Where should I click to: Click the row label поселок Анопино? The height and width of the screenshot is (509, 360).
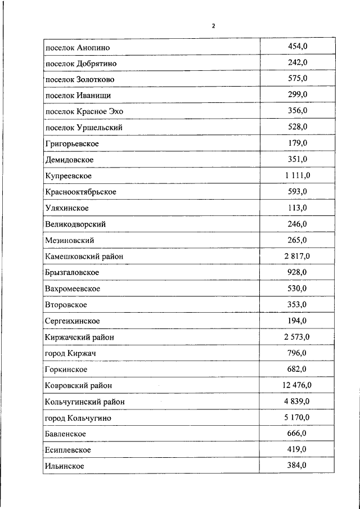coord(74,47)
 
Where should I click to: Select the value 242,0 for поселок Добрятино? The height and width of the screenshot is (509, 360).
coord(297,63)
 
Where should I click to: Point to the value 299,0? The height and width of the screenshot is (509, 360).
coord(297,95)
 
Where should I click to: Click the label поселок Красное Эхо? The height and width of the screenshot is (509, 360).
coord(84,111)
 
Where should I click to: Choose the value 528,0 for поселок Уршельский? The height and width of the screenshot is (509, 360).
coord(297,127)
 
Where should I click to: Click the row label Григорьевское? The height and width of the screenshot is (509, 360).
coord(72,144)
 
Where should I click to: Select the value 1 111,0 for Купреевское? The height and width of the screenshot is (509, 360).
coord(297,176)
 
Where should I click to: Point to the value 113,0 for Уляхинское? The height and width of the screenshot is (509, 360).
coord(297,208)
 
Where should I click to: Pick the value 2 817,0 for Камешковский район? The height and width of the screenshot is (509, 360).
coord(297,256)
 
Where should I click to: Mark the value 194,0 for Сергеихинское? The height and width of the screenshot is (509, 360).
coord(297,321)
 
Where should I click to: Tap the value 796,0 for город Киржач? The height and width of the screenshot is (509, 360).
coord(297,353)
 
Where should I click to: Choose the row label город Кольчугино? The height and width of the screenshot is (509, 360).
coord(78,418)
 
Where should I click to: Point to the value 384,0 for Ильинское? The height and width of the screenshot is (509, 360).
coord(297,466)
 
